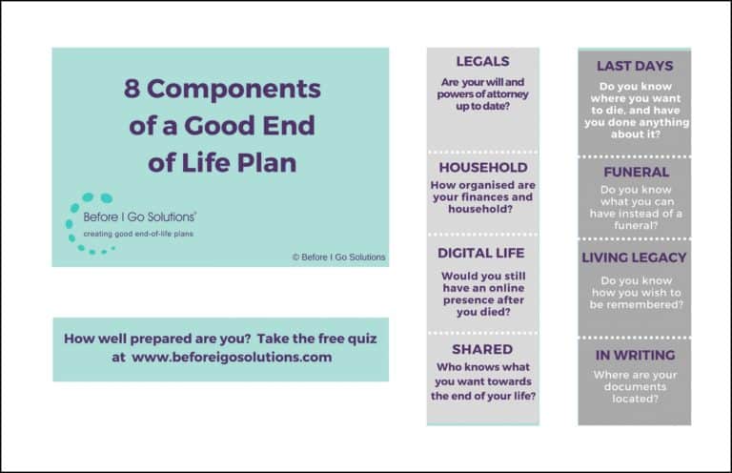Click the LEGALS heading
(482, 61)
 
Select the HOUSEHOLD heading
(483, 167)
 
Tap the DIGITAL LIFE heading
(480, 253)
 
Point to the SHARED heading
(482, 349)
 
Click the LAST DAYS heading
(635, 66)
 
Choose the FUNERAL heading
(637, 172)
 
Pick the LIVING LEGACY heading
(634, 257)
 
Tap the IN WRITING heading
(635, 355)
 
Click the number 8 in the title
(132, 89)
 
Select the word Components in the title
(234, 90)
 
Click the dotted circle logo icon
(89, 223)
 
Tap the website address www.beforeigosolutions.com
(232, 358)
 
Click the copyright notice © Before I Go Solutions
(339, 257)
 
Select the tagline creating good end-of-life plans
(138, 234)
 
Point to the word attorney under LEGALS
(504, 94)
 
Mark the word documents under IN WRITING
(635, 386)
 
